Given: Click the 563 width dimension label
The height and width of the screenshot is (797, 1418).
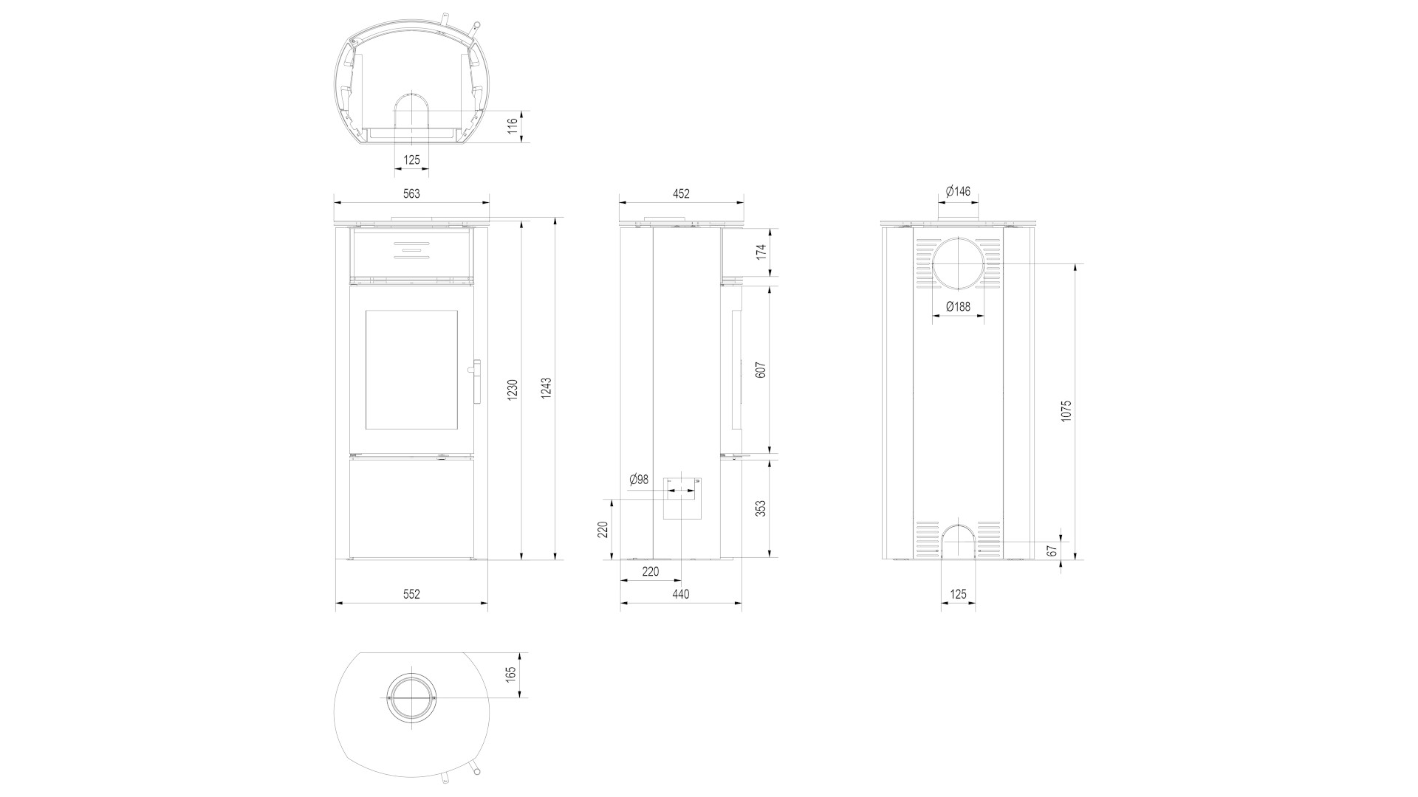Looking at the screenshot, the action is pyautogui.click(x=411, y=194).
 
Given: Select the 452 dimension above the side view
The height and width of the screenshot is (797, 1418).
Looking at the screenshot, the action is pyautogui.click(x=681, y=194).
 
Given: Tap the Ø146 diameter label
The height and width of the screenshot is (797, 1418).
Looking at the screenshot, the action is pyautogui.click(x=958, y=191).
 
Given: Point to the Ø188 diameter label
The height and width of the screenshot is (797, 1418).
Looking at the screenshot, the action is pyautogui.click(x=958, y=306).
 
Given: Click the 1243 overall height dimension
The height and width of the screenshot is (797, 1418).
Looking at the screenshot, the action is pyautogui.click(x=547, y=389).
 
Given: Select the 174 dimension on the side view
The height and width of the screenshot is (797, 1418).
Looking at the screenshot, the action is pyautogui.click(x=761, y=252).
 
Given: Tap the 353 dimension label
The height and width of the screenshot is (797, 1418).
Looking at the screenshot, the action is pyautogui.click(x=761, y=508).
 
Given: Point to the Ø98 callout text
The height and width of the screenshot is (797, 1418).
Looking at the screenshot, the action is pyautogui.click(x=639, y=480).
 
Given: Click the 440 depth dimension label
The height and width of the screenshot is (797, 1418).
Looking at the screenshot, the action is pyautogui.click(x=681, y=594).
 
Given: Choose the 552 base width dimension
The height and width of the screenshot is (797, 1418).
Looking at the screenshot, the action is pyautogui.click(x=411, y=594).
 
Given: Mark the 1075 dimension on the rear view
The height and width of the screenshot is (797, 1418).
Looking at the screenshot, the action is pyautogui.click(x=1066, y=411).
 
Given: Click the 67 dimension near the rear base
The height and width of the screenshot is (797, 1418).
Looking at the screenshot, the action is pyautogui.click(x=1053, y=551).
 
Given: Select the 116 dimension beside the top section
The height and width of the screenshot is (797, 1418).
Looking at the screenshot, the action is pyautogui.click(x=513, y=126).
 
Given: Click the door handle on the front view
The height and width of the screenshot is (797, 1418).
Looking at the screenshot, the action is pyautogui.click(x=476, y=382).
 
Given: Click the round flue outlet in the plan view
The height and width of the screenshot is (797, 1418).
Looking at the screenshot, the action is pyautogui.click(x=411, y=698).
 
